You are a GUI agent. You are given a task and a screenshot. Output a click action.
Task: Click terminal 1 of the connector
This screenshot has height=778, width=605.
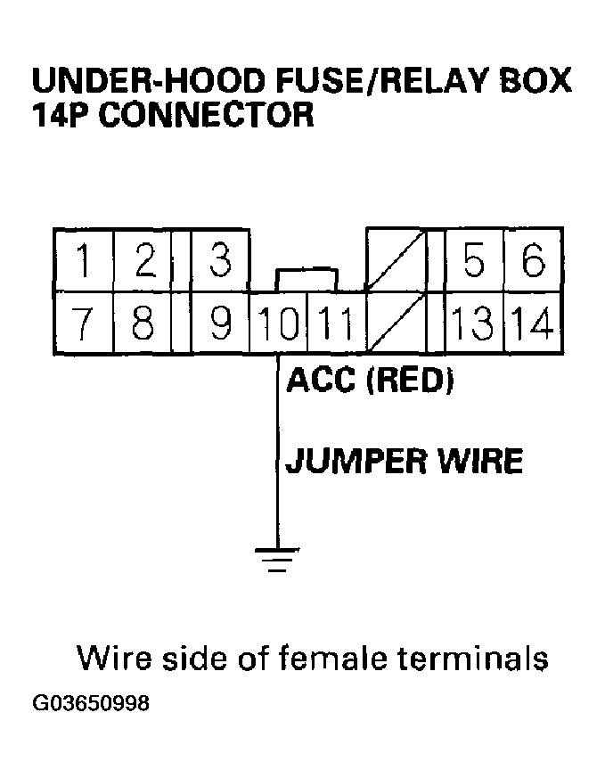82,262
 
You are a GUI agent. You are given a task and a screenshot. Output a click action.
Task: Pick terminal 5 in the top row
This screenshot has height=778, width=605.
475,262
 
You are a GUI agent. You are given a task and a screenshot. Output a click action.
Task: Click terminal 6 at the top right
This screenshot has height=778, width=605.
533,262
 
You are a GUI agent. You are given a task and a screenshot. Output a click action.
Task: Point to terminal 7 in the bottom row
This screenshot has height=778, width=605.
82,323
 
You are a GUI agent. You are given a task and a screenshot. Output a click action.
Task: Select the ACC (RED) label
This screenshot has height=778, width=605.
370,381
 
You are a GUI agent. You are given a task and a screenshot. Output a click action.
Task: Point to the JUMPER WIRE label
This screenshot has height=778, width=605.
403,463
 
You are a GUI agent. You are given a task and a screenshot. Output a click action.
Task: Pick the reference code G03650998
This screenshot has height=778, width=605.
91,704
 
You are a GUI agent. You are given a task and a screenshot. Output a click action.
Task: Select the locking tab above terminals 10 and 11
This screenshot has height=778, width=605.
307,277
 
